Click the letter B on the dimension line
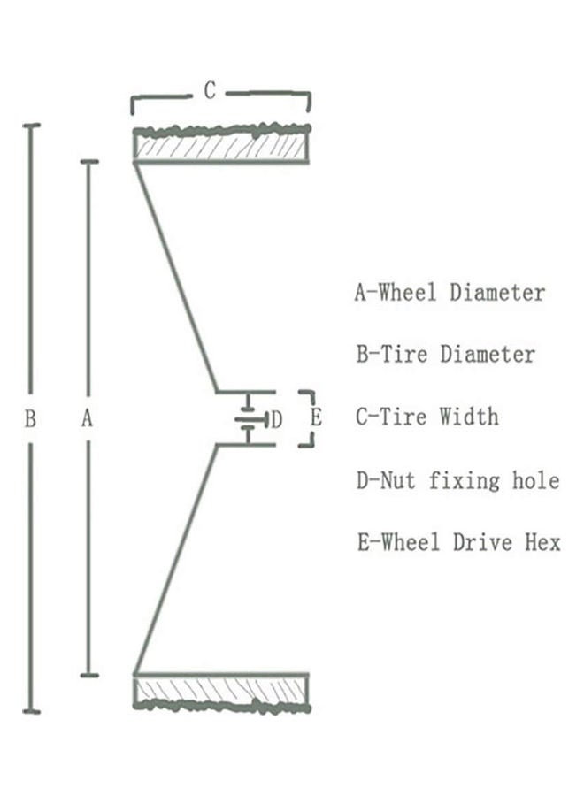tap(30, 419)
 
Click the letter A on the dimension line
tap(87, 419)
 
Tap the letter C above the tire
tap(210, 90)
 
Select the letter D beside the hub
tap(276, 419)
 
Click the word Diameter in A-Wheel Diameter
tap(497, 292)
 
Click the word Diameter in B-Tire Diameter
tap(488, 355)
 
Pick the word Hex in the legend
tap(540, 542)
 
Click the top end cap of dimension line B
tap(32, 126)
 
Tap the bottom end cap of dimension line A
tap(88, 675)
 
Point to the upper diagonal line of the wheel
tap(174, 276)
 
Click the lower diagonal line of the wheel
tap(175, 559)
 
